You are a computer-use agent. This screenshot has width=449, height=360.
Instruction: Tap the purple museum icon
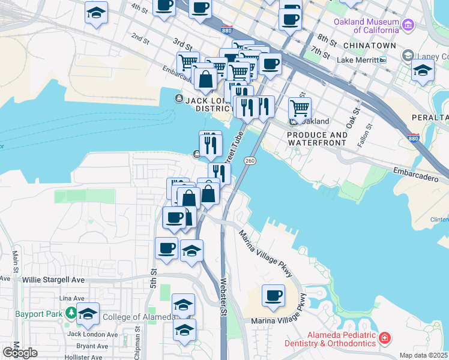tap(409, 25)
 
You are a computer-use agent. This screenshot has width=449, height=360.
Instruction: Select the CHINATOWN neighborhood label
tap(370, 46)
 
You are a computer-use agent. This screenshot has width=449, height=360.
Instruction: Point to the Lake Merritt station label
tap(358, 60)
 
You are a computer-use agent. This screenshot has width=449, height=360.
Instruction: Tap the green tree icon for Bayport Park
tap(71, 313)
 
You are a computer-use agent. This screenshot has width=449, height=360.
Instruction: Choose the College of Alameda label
tap(137, 317)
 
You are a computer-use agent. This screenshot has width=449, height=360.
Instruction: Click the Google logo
tap(20, 352)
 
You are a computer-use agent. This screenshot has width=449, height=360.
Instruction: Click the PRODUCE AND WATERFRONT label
tap(317, 139)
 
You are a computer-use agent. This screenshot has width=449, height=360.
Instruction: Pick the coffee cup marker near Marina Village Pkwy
tap(273, 295)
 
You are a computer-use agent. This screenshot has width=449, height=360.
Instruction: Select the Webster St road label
tap(223, 295)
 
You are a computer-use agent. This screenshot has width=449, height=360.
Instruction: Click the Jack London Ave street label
tap(92, 334)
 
